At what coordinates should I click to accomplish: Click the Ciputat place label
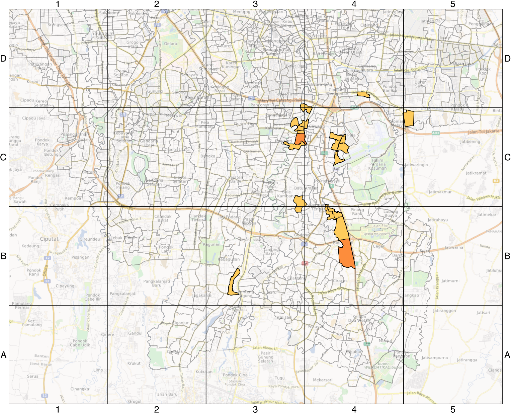[49, 239]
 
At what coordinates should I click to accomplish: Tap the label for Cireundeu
[90, 239]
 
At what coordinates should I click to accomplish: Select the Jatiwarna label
[454, 248]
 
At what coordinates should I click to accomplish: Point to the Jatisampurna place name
[434, 358]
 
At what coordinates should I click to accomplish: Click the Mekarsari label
[323, 380]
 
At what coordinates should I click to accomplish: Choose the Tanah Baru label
[166, 394]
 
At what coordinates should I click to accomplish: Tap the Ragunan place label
[211, 245]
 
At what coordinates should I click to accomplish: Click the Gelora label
[171, 44]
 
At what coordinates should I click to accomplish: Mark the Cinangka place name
[80, 389]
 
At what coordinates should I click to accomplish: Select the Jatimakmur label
[440, 192]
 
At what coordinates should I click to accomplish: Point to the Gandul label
[135, 333]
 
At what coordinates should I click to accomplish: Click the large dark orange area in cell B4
[346, 254]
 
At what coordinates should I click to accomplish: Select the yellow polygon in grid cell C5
[409, 118]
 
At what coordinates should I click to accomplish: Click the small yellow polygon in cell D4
[363, 95]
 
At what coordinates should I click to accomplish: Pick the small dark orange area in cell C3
[300, 139]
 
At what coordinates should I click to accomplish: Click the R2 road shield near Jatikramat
[496, 181]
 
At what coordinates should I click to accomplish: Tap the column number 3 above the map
[255, 4]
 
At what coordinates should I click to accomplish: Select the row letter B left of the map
[3, 256]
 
